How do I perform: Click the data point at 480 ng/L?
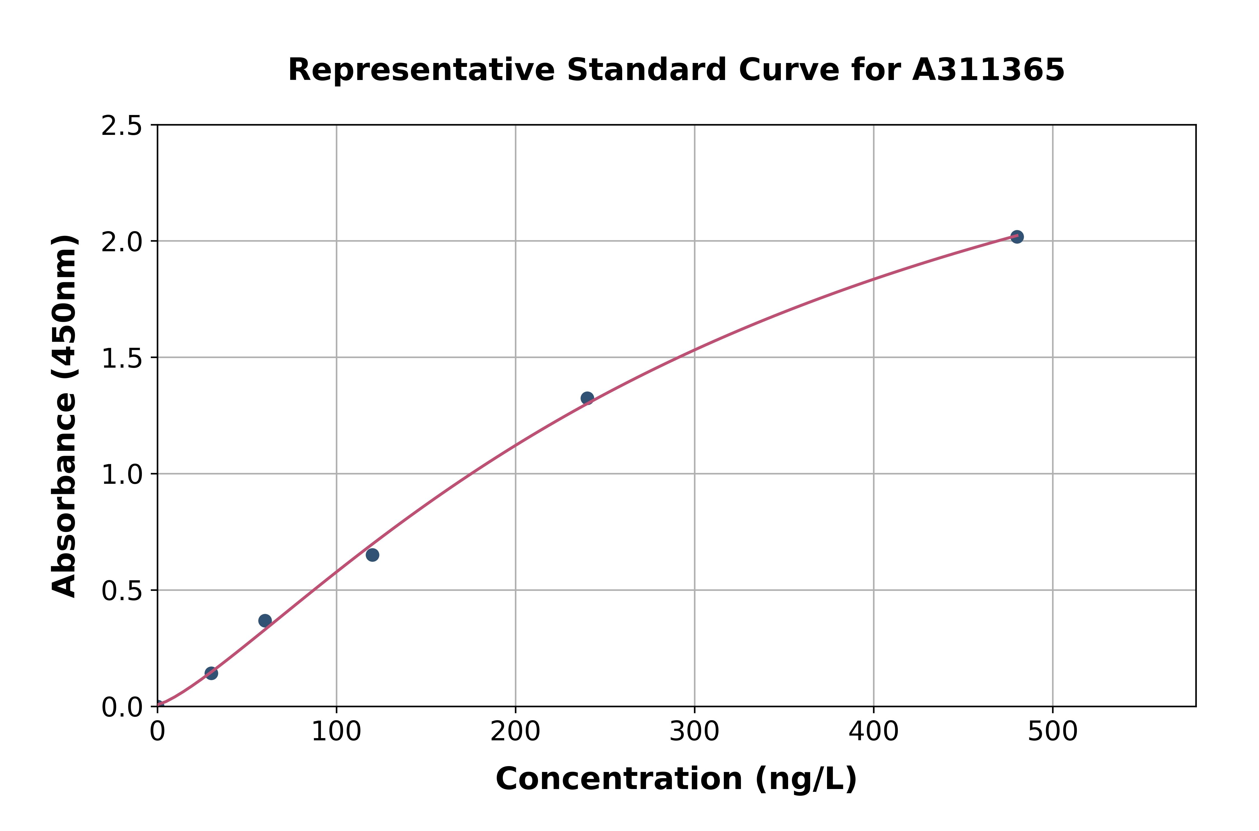(1016, 237)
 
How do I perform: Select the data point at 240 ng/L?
(587, 398)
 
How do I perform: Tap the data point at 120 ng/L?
(372, 555)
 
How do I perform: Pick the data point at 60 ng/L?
(265, 621)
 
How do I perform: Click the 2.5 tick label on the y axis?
(122, 126)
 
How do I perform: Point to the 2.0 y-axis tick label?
(122, 242)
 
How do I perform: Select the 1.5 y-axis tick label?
(122, 359)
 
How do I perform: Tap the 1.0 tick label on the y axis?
(122, 475)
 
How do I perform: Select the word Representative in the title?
(421, 70)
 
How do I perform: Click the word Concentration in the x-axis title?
(619, 779)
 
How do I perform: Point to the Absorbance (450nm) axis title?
(65, 416)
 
